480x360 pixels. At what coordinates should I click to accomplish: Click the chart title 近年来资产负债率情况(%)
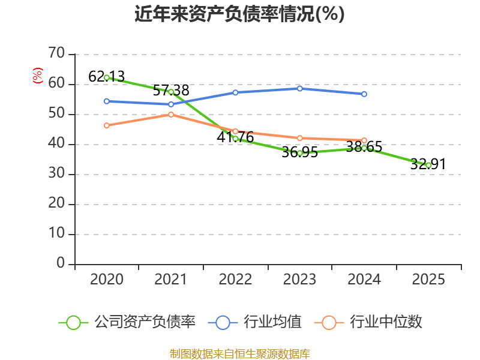pos(239,14)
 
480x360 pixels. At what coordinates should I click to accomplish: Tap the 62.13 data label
pos(106,76)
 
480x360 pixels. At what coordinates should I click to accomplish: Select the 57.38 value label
pos(171,91)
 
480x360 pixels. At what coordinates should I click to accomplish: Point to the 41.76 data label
pos(235,137)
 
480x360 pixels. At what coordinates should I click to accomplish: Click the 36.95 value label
pos(299,152)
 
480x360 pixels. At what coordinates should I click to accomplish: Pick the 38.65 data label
pos(364,147)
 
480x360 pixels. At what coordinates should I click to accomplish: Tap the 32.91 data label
pos(428,164)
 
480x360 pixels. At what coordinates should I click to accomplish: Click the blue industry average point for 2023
pos(299,88)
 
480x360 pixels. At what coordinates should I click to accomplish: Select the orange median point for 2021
pos(171,114)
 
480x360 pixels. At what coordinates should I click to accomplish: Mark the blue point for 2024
pos(364,94)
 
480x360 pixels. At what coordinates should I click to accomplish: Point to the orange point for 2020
pos(106,125)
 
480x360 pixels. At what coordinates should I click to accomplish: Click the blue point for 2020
pos(106,101)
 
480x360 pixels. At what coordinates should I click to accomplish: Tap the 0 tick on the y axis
pos(61,264)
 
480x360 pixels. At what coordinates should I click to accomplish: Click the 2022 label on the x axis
pos(235,279)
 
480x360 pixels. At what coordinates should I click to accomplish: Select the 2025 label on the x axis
pos(428,279)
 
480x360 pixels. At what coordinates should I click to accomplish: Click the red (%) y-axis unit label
pos(38,76)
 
